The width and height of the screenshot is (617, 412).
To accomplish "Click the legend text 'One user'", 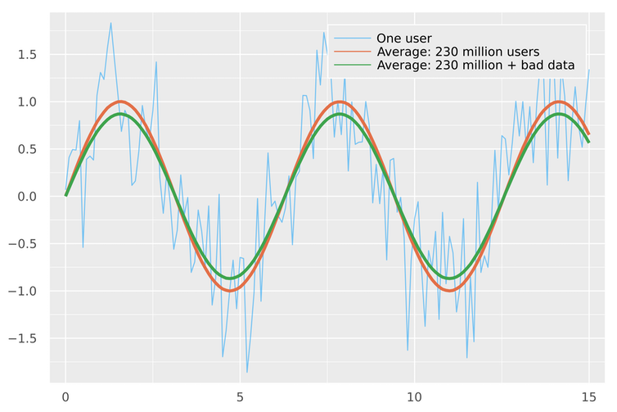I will coord(403,38).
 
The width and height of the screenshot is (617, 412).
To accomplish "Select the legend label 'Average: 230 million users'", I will coord(457,51).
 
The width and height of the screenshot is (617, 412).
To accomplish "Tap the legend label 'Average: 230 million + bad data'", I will coord(475,64).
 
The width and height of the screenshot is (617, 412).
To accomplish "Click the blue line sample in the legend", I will coord(351,38).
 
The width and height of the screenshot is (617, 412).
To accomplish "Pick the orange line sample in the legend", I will coord(351,51).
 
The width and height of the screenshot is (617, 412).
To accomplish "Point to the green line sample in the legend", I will coord(351,64).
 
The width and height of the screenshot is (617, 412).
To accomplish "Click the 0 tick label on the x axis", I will coord(66,396).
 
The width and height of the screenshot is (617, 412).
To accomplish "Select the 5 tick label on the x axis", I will coord(240,396).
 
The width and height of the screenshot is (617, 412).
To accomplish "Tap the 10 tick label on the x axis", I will coord(414,396).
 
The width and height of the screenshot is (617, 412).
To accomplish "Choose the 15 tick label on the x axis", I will coord(588,396).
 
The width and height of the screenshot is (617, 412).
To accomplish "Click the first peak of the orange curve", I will coord(121,102).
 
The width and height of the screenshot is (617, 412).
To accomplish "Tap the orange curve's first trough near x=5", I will coord(230,291).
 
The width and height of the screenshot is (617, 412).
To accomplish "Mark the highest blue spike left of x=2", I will coord(110,23).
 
